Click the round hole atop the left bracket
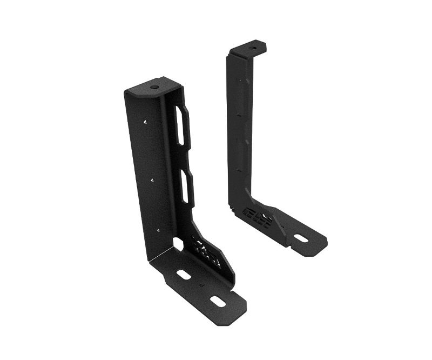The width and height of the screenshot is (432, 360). click(x=154, y=86)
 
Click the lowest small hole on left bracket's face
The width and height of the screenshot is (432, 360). click(x=158, y=230)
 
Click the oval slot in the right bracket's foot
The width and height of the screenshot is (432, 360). click(x=301, y=237)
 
